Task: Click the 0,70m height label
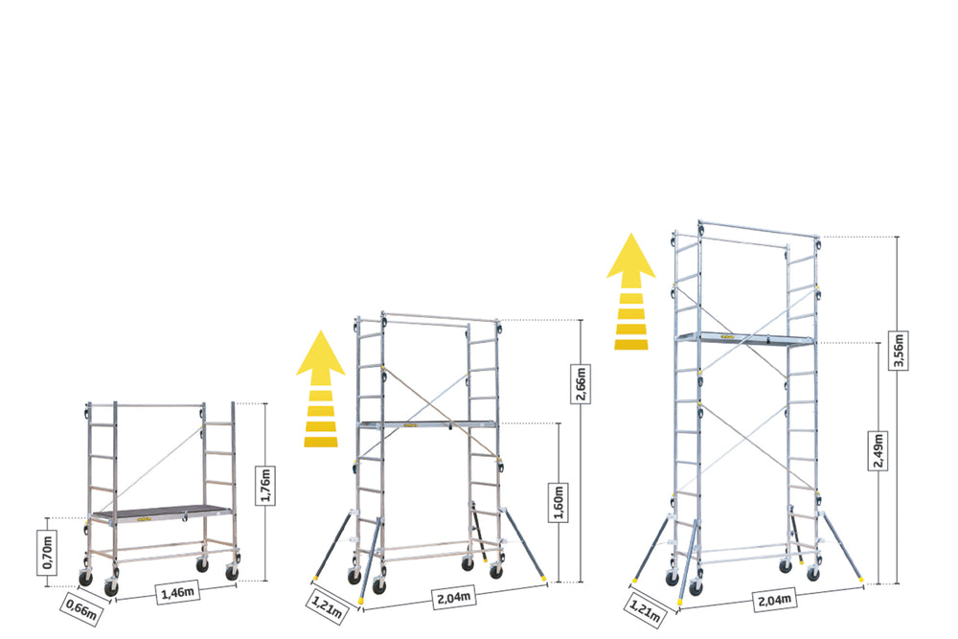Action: click(48, 553)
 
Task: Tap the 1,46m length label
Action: click(178, 592)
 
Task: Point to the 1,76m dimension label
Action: click(265, 485)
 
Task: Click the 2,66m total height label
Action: click(581, 383)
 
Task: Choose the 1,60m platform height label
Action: click(559, 502)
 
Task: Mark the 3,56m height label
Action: click(898, 350)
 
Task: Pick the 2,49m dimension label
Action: click(878, 451)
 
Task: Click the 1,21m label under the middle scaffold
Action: click(327, 605)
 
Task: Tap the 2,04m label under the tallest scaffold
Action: click(775, 600)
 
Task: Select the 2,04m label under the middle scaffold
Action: click(454, 597)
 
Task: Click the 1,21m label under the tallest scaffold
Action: click(645, 608)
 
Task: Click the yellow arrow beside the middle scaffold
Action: click(321, 389)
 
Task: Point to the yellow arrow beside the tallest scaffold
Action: click(630, 291)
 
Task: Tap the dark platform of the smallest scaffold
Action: click(161, 512)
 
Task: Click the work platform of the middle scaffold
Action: click(427, 423)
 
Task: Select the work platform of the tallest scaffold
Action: click(746, 337)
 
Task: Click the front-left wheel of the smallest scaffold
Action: click(111, 587)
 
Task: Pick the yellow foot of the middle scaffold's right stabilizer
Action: click(542, 577)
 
